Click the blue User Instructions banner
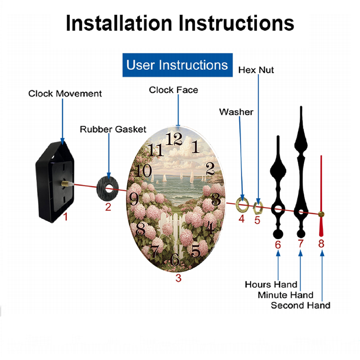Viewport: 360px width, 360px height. [x=177, y=65]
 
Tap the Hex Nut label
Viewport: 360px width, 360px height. [x=256, y=70]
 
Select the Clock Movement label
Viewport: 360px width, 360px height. [x=65, y=94]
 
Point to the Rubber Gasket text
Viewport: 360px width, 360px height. [x=113, y=129]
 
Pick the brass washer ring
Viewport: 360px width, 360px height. [x=242, y=205]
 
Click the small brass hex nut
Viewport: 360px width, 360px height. [x=258, y=208]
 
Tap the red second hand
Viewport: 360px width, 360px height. [x=321, y=196]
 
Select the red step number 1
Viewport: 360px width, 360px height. [x=66, y=216]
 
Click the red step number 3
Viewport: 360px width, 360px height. [x=179, y=278]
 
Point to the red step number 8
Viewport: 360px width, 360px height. [x=321, y=244]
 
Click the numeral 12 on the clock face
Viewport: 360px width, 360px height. [x=174, y=139]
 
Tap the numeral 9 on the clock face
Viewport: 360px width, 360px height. [x=134, y=199]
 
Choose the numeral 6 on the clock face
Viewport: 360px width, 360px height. [x=175, y=260]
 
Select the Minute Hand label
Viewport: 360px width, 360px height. [x=285, y=295]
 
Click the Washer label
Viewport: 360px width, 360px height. [x=236, y=112]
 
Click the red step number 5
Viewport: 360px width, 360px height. [x=257, y=220]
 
